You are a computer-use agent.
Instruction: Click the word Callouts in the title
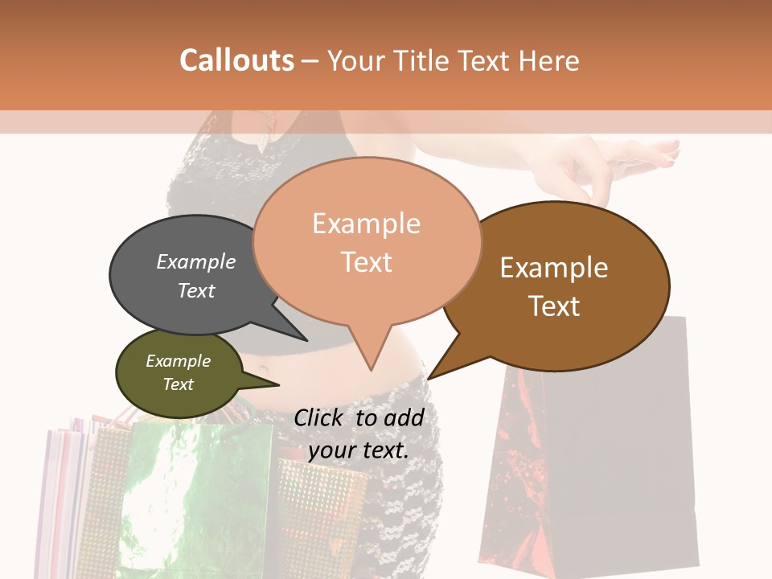(x=236, y=60)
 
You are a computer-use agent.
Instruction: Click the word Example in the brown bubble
(x=554, y=268)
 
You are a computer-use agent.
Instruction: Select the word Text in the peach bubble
(x=367, y=262)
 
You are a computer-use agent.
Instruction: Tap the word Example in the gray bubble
(x=196, y=262)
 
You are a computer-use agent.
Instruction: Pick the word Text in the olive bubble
(x=179, y=384)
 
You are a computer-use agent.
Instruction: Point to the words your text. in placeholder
(x=358, y=450)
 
